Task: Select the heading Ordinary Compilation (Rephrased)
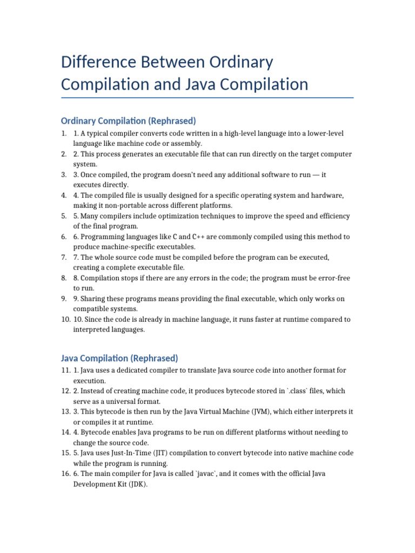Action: tap(129, 120)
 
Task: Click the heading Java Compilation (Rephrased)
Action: tap(119, 358)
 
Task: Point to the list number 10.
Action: tap(65, 319)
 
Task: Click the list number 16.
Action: tap(65, 474)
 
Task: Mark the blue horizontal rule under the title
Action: tap(207, 98)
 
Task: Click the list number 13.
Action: tap(65, 412)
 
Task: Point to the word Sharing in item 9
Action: tap(93, 299)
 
